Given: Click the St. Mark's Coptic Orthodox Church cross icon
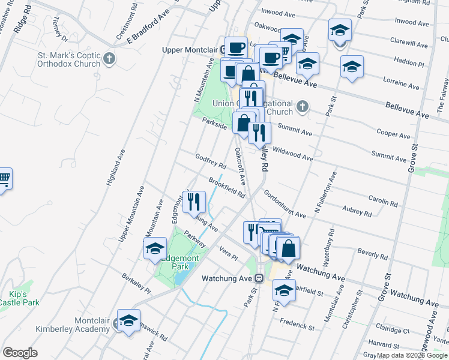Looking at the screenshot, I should [x=109, y=59].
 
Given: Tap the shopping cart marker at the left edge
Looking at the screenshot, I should [x=4, y=179].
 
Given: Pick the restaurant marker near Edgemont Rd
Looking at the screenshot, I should [x=194, y=202].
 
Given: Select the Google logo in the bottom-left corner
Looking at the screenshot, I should [x=20, y=353].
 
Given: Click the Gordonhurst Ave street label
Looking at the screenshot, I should [x=285, y=205].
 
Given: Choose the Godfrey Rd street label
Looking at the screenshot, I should [x=211, y=161].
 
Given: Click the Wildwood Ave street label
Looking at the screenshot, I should [x=292, y=154].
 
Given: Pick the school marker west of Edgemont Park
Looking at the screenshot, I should [x=155, y=248].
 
